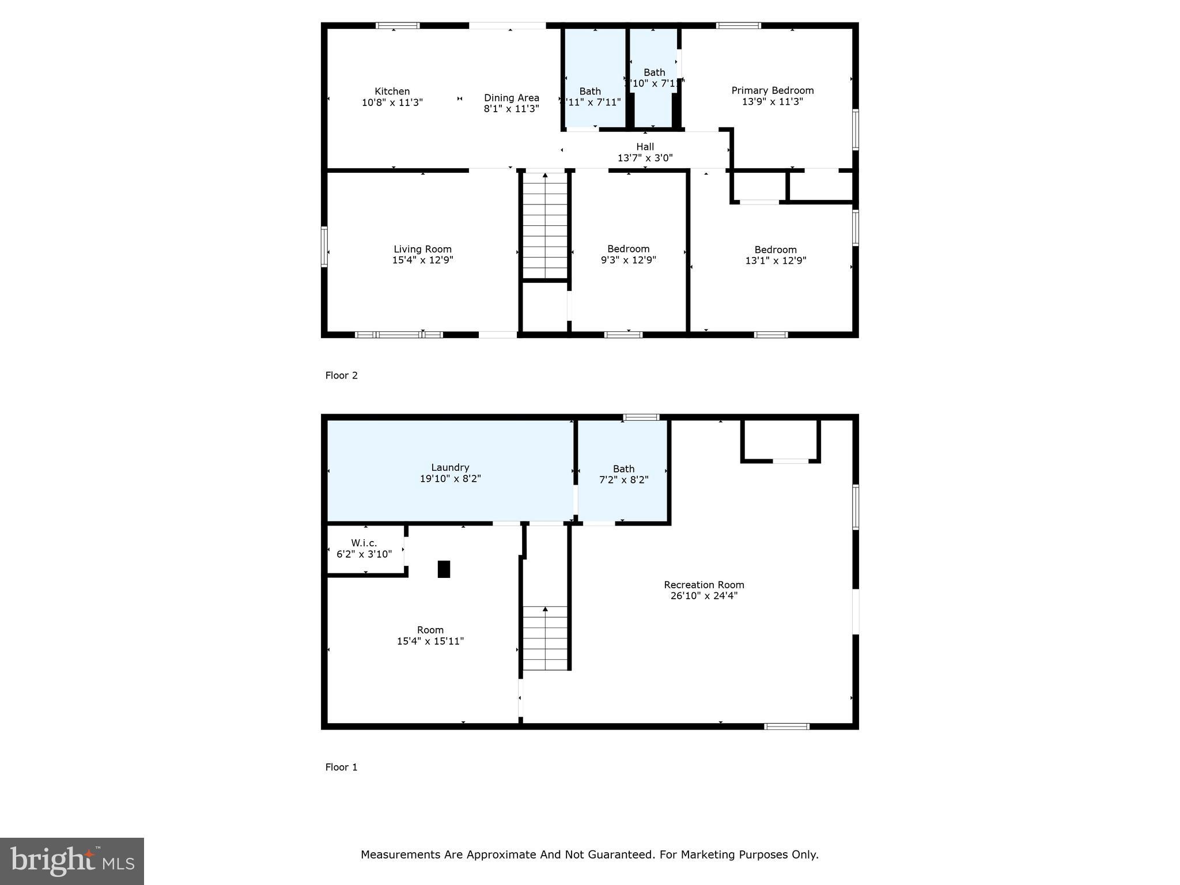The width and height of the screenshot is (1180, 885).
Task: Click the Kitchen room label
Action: tap(392, 91)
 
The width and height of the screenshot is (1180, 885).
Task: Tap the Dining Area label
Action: tap(511, 97)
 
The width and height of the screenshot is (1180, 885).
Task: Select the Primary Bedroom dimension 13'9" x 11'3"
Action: tap(772, 101)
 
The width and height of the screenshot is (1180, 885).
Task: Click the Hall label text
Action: tap(645, 146)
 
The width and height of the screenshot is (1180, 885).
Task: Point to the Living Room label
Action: tap(422, 249)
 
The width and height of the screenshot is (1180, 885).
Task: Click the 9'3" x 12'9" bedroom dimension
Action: tap(628, 260)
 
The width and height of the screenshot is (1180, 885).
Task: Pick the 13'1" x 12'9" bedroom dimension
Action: tap(776, 260)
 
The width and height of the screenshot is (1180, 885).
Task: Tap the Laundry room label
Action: tap(450, 467)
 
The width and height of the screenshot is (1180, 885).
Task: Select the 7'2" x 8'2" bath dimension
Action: tap(623, 480)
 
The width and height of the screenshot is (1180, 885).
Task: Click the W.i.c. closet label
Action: tap(364, 543)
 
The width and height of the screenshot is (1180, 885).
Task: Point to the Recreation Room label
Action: tap(704, 584)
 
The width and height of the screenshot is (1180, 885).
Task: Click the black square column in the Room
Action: tap(444, 569)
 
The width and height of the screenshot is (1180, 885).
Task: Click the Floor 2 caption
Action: tap(341, 375)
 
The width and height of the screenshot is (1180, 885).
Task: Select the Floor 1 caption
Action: tap(341, 767)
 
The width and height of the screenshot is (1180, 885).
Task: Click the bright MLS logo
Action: tap(72, 861)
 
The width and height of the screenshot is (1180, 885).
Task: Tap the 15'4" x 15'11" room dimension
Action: tap(430, 641)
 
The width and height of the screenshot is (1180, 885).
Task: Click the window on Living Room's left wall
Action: tap(324, 247)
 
